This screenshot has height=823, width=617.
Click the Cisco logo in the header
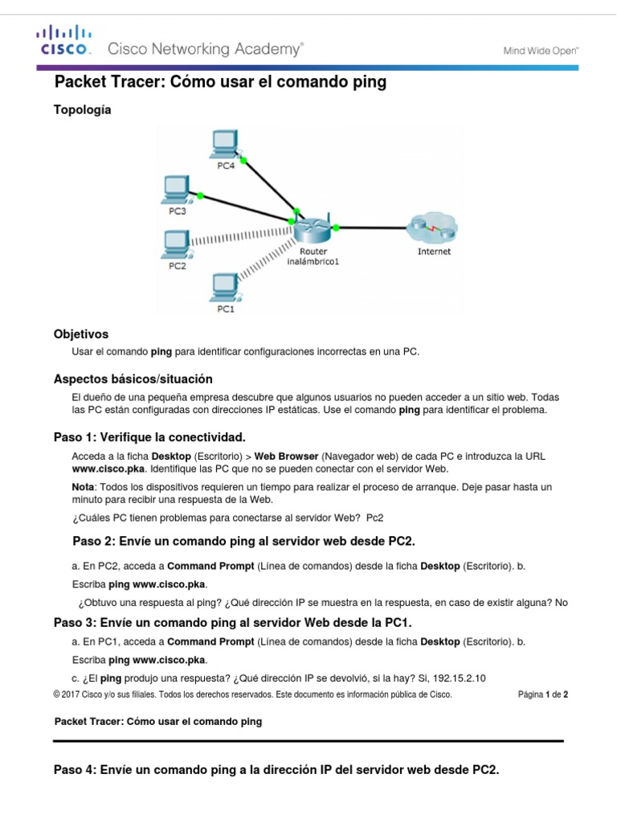click(63, 40)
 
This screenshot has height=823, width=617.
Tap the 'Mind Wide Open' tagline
click(541, 50)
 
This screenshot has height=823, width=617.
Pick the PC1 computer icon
click(225, 287)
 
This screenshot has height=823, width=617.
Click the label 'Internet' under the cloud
click(434, 252)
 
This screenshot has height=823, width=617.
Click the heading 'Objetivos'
click(81, 334)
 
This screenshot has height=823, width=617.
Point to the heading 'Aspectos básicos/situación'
click(133, 379)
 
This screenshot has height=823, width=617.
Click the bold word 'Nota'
click(84, 487)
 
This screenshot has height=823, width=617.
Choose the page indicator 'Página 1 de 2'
click(543, 695)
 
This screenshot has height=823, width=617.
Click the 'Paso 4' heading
click(276, 769)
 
